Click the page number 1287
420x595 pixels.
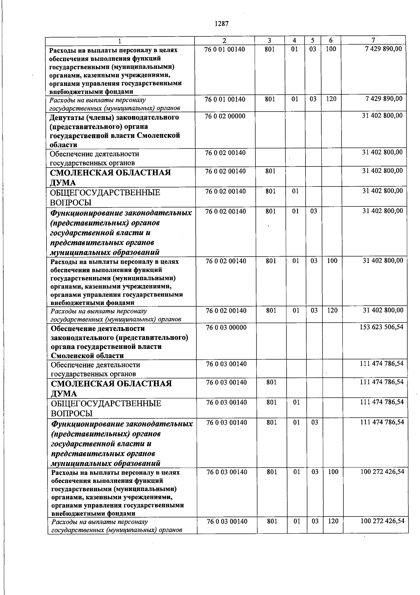point(220,24)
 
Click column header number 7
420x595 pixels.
point(373,40)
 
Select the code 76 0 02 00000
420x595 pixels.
point(225,116)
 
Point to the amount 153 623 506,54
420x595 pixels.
point(381,327)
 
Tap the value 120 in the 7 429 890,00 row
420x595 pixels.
point(331,99)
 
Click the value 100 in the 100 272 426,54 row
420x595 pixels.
point(333,472)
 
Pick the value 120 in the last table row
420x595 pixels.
point(333,521)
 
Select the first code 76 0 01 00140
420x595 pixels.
point(225,49)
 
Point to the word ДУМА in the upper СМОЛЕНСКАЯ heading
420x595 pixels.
point(63,183)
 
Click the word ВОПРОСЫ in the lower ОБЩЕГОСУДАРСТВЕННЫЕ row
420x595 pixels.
point(72,413)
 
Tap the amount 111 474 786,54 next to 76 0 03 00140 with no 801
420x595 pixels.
point(381,364)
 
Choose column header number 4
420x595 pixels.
point(295,40)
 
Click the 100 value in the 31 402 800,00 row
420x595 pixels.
point(331,261)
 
